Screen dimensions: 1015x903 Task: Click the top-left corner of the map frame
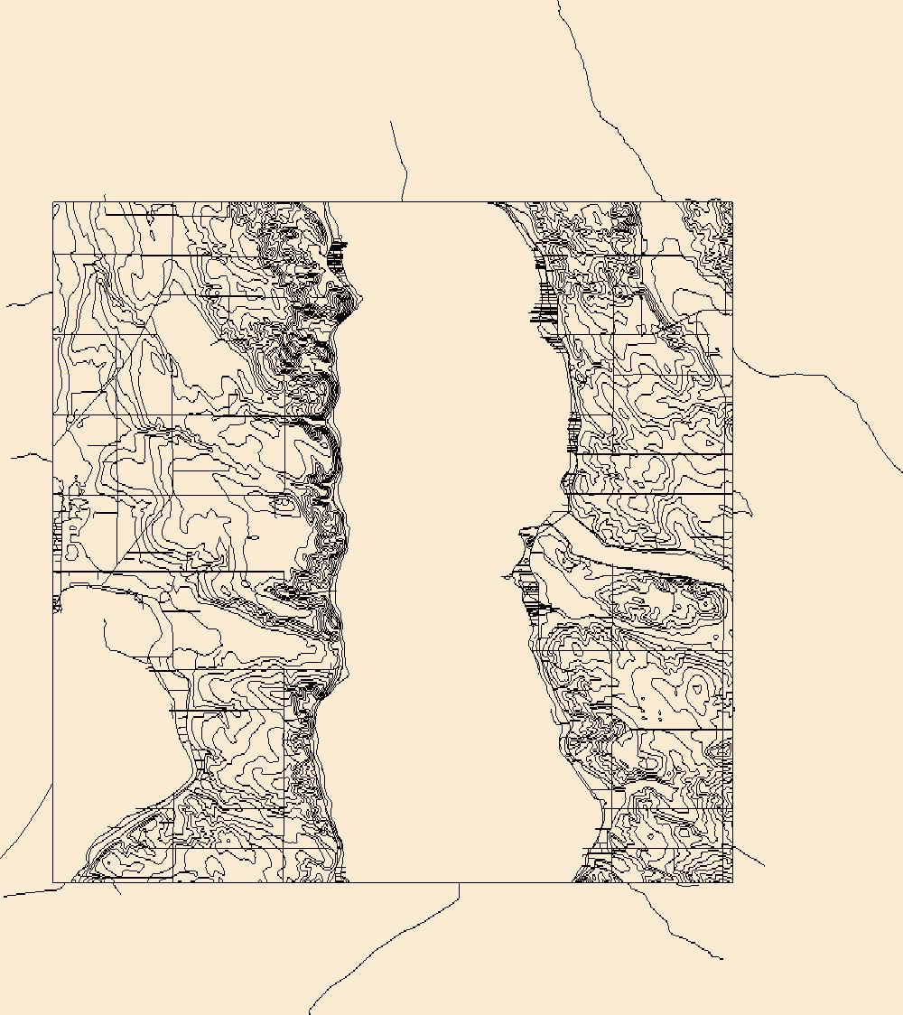pos(53,201)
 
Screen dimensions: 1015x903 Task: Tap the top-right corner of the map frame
pos(732,201)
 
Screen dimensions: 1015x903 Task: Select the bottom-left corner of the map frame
pos(53,882)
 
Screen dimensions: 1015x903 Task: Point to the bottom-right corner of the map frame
pos(732,882)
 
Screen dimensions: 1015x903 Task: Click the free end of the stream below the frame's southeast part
pos(722,958)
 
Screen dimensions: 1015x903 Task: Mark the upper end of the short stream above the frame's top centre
pos(391,122)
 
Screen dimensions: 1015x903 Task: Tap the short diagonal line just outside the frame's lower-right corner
pos(749,856)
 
